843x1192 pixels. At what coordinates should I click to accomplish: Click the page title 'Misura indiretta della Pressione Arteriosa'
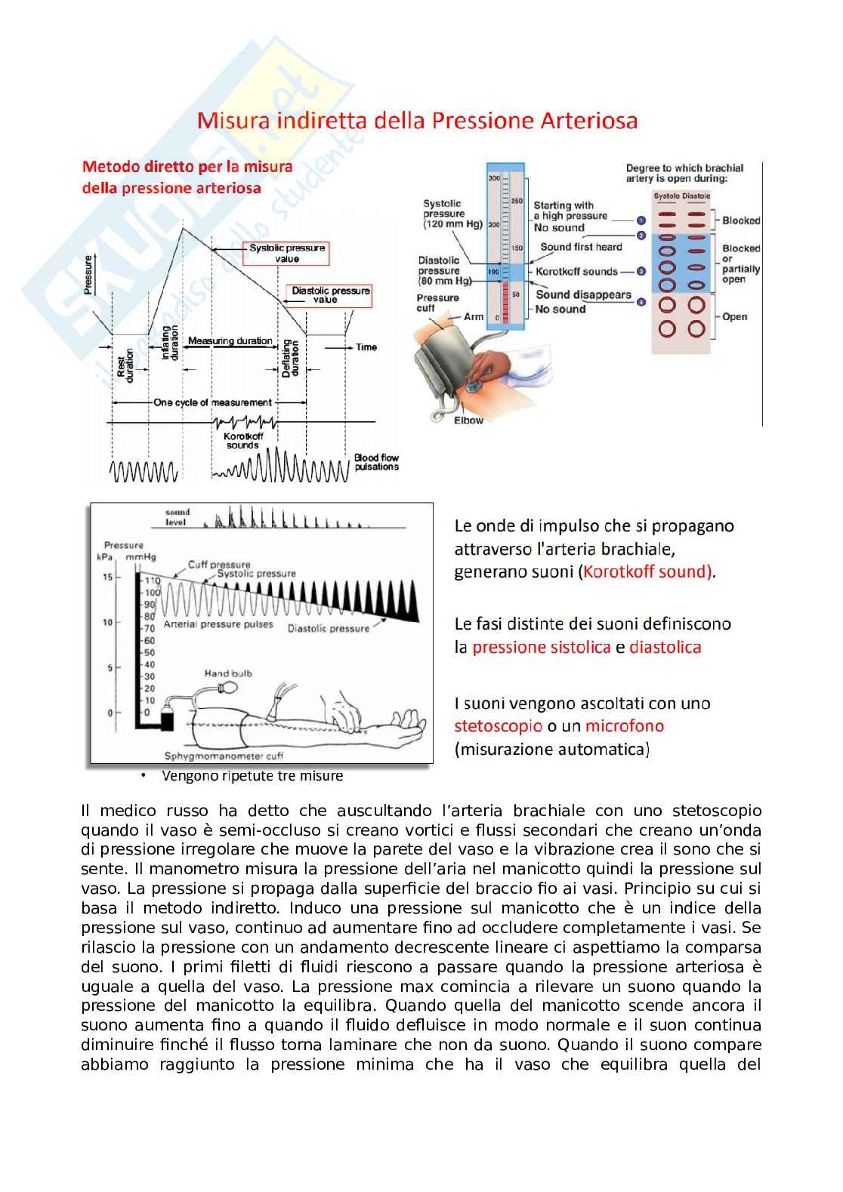click(x=418, y=121)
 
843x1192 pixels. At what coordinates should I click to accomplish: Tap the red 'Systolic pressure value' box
click(x=287, y=254)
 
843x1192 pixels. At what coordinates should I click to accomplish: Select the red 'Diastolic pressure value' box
click(x=331, y=295)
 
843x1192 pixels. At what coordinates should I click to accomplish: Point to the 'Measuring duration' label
click(x=230, y=341)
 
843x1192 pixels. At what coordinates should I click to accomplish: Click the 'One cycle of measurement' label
click(x=213, y=402)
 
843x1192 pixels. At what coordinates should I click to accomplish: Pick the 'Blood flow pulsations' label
click(x=376, y=462)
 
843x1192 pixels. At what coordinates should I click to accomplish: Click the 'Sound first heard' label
click(x=581, y=247)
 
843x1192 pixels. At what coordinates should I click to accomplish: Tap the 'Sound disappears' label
click(x=583, y=294)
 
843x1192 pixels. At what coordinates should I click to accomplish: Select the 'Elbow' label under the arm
click(x=468, y=420)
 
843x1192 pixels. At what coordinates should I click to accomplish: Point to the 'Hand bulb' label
click(x=228, y=673)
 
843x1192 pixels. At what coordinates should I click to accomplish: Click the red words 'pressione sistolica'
click(x=541, y=648)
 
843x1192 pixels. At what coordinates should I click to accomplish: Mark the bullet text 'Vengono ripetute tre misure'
click(x=252, y=776)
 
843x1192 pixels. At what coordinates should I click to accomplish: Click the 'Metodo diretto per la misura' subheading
click(x=187, y=167)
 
